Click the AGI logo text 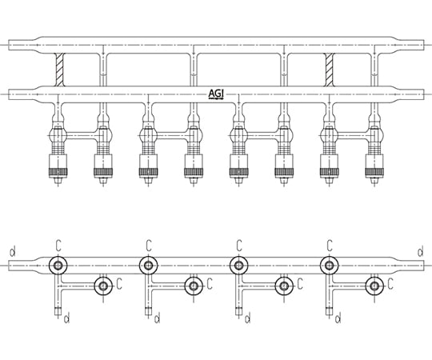[x=216, y=94]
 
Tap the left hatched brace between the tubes [x=59, y=70]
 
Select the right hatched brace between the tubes [x=330, y=70]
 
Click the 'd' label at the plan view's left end [x=12, y=252]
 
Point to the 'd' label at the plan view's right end [x=421, y=252]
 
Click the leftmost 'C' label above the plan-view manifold [x=58, y=246]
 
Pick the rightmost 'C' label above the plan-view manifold [x=330, y=246]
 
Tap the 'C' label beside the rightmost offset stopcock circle [x=390, y=284]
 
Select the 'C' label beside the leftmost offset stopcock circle [x=119, y=284]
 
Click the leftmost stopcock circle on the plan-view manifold [x=58, y=266]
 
